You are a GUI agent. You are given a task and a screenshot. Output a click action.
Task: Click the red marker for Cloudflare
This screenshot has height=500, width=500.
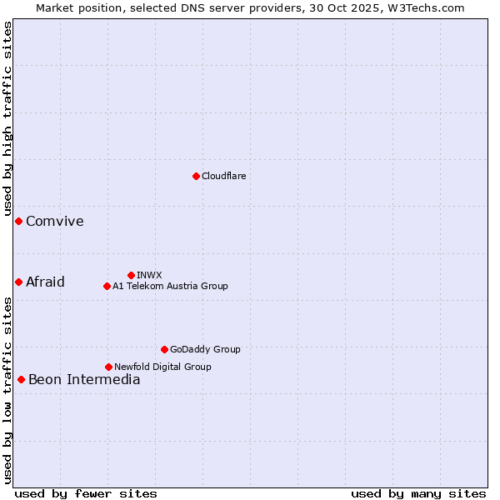click(x=196, y=176)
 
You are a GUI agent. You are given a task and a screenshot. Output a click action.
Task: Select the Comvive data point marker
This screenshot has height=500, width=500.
click(x=18, y=221)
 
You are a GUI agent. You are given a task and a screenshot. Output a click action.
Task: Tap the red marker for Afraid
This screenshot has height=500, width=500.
click(x=18, y=282)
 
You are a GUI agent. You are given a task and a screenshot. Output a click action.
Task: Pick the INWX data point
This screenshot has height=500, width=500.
click(x=131, y=275)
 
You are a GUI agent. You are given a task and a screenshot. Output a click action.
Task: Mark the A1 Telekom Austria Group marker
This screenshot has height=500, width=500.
click(x=107, y=286)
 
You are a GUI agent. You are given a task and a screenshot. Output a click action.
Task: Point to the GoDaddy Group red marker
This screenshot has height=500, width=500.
click(x=164, y=349)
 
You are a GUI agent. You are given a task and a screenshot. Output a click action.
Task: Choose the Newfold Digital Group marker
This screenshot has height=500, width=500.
click(x=108, y=367)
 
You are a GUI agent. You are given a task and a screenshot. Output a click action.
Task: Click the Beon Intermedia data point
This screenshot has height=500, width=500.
click(x=21, y=379)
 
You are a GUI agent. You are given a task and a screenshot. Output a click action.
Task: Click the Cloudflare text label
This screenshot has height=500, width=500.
click(x=223, y=176)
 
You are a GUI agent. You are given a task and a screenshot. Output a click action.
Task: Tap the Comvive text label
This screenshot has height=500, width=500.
click(x=55, y=221)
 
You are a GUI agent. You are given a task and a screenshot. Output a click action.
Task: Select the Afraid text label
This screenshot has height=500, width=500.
click(x=45, y=282)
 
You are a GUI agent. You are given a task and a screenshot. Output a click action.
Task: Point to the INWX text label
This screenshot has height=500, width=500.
click(x=149, y=275)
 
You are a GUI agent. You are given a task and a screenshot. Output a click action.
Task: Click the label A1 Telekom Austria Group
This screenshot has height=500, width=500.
click(x=170, y=286)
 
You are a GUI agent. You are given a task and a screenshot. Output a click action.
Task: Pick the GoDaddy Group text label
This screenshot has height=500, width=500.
click(x=205, y=349)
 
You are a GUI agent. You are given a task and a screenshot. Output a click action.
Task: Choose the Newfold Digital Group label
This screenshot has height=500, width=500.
click(x=162, y=367)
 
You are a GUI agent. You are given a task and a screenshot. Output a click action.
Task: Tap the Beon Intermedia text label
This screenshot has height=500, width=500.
click(x=84, y=379)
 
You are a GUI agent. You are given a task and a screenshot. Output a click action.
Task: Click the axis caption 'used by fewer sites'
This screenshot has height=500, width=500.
click(x=86, y=493)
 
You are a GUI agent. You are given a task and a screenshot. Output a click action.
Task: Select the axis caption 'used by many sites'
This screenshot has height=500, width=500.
click(x=418, y=493)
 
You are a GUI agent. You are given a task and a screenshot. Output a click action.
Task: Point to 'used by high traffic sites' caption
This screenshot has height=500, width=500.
click(x=7, y=119)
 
